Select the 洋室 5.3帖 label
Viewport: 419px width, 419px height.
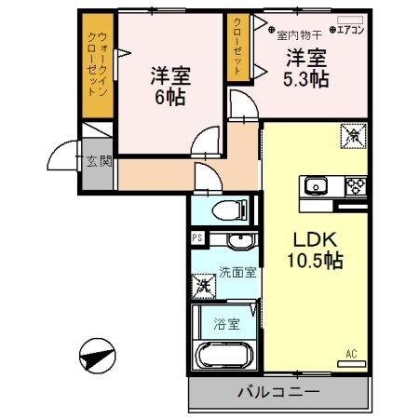click(305, 67)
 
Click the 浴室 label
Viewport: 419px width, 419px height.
click(226, 325)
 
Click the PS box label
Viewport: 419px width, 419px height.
click(196, 238)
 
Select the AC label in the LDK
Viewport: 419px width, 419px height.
click(351, 354)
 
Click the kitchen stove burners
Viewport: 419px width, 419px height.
click(353, 183)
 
